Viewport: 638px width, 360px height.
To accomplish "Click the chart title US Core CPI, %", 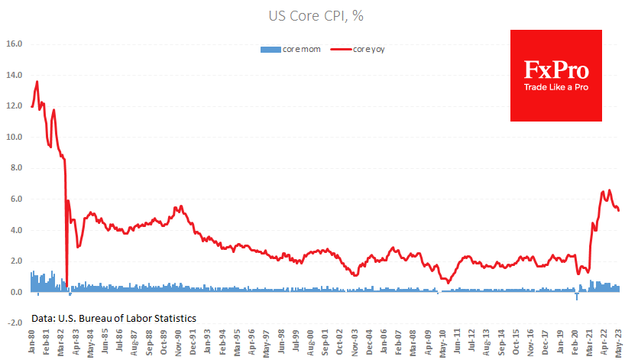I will click(319, 15).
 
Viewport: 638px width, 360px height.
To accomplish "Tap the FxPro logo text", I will click(555, 71).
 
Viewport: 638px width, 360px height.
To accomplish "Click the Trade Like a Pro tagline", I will click(555, 87).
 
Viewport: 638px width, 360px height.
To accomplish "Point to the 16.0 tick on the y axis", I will click(15, 44).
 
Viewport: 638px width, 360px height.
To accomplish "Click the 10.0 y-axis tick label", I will click(15, 138).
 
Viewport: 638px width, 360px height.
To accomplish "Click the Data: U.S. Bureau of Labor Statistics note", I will click(114, 317).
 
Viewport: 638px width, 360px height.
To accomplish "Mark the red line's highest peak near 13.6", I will click(37, 82).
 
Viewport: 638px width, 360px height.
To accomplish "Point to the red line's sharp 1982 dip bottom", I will click(66, 286).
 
